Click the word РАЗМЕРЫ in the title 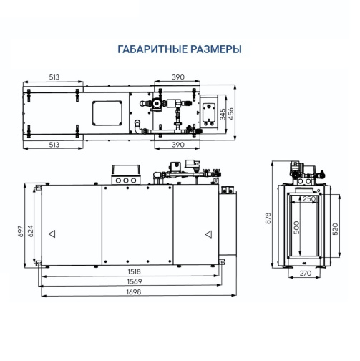point(216,49)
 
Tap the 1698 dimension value point(134,292)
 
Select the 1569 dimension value point(135,281)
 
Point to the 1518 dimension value point(135,271)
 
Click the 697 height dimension point(21,231)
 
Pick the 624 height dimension point(31,231)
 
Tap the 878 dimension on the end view point(268,218)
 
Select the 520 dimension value point(335,228)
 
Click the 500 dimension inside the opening point(296,228)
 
